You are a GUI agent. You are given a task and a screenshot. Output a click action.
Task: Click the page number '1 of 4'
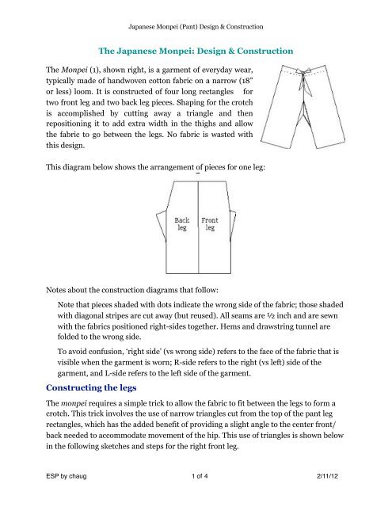pyautogui.click(x=196, y=491)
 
